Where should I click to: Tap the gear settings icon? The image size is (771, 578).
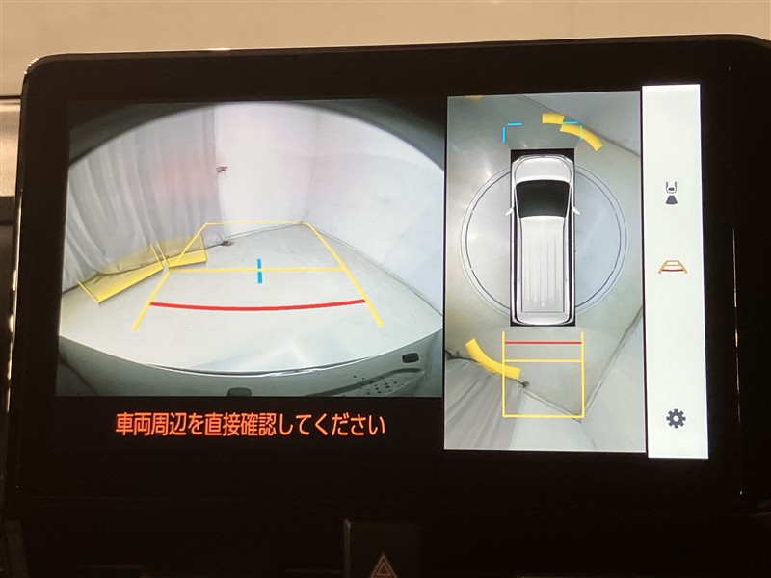coord(676,419)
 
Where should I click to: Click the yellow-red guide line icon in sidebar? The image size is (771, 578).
coord(672,267)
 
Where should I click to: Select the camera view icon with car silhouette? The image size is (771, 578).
coord(672,194)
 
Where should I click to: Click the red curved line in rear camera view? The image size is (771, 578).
coord(257,305)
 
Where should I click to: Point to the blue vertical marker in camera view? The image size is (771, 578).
coord(259,271)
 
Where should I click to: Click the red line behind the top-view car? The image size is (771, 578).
coord(543,343)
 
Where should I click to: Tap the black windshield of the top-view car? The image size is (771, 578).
coord(542,197)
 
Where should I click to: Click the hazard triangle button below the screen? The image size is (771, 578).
coord(384,567)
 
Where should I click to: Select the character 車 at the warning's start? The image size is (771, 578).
coord(124,425)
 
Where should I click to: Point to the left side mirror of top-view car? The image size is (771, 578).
coord(510,211)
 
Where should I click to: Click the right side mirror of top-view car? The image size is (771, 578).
coord(574,210)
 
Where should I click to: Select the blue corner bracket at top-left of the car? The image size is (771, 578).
coord(508,130)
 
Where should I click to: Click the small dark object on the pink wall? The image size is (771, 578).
coord(222,170)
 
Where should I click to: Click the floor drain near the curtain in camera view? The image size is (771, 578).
coord(226,243)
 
